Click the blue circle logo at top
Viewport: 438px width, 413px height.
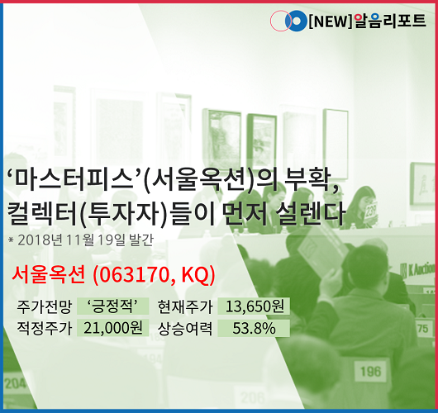point(296,21)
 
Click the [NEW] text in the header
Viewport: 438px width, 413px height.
point(331,21)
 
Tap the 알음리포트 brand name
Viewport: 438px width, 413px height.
point(390,21)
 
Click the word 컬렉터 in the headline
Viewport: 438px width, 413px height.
point(42,213)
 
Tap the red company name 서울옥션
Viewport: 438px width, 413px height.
point(48,274)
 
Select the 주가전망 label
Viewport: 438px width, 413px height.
point(45,306)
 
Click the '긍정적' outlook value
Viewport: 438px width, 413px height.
point(112,306)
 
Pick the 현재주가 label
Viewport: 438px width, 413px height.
point(185,306)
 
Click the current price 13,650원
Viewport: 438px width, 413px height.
point(255,306)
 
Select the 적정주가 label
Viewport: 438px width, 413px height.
point(45,328)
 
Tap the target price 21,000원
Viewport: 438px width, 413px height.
point(113,328)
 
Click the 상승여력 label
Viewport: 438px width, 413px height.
point(185,329)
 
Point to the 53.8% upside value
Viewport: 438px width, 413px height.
point(255,328)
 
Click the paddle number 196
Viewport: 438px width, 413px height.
point(371,372)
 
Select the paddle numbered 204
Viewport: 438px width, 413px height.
point(15,384)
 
